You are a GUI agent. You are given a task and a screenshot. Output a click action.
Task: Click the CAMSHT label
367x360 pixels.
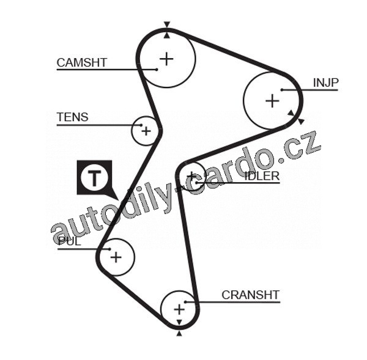(x=81, y=62)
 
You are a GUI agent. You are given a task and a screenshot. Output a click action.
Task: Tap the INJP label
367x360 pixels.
(x=325, y=83)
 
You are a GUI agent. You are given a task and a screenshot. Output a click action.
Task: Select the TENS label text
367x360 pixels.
(x=72, y=117)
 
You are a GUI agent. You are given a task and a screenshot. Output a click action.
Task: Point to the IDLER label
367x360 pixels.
(x=262, y=176)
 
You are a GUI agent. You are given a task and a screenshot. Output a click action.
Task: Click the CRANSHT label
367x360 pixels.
(x=250, y=295)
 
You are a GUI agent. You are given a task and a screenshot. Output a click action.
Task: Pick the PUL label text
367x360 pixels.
(x=69, y=241)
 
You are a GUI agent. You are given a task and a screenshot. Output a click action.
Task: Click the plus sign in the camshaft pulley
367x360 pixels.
(x=167, y=59)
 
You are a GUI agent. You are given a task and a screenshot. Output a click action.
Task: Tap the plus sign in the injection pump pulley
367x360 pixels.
(x=272, y=101)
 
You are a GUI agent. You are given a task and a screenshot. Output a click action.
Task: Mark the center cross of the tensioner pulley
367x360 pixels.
(x=146, y=130)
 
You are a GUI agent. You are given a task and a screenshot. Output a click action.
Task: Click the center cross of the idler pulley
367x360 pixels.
(x=193, y=177)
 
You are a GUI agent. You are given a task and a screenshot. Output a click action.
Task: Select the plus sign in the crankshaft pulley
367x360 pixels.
(x=179, y=309)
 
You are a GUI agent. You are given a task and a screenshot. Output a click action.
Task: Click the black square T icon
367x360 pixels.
(x=94, y=178)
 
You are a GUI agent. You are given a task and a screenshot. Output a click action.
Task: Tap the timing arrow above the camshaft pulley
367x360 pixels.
(x=167, y=26)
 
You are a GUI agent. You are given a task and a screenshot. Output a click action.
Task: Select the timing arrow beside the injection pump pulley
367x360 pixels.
(x=295, y=116)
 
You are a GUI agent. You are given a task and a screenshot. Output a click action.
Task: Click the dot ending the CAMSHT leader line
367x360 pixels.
(x=157, y=69)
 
